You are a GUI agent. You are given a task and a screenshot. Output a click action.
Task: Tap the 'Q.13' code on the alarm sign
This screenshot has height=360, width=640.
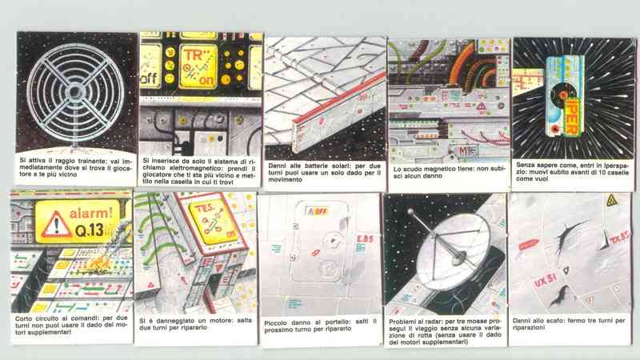pyautogui.click(x=89, y=230)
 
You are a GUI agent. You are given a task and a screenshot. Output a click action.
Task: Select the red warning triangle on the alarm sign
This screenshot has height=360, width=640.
pyautogui.click(x=56, y=225)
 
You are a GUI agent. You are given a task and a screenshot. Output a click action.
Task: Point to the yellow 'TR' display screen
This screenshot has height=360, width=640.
pyautogui.click(x=198, y=67)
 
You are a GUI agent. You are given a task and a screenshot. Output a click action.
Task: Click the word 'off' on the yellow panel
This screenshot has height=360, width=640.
pyautogui.click(x=149, y=78)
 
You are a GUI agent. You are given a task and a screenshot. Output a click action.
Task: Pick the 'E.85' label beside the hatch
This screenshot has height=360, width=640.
pyautogui.click(x=365, y=238)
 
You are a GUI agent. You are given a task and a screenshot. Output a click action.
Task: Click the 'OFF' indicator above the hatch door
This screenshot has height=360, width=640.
pyautogui.click(x=318, y=211)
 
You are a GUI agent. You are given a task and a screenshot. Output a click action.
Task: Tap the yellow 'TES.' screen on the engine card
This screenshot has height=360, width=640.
pyautogui.click(x=211, y=222)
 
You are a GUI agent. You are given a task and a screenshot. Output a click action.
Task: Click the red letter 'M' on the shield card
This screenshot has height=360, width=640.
pyautogui.click(x=462, y=151)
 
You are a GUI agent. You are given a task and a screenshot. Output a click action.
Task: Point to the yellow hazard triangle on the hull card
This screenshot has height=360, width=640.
pyautogui.click(x=611, y=200)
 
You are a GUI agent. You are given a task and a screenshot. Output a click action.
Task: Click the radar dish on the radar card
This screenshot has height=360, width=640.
pyautogui.click(x=451, y=254)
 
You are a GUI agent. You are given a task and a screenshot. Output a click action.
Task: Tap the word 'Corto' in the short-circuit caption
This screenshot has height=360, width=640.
pyautogui.click(x=24, y=318)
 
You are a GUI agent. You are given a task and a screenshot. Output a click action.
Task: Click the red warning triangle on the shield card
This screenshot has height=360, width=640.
pyautogui.click(x=482, y=106)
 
